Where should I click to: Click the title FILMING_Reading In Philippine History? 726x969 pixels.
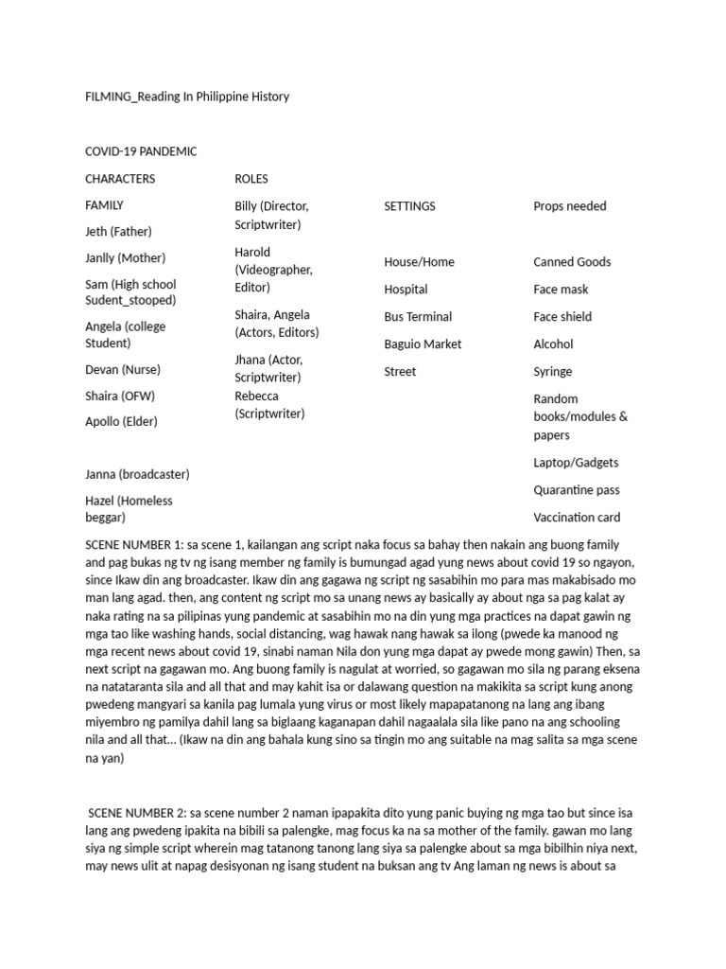click(187, 97)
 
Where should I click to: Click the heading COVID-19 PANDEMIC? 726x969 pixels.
click(141, 151)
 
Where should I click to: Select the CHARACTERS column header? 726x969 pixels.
click(120, 179)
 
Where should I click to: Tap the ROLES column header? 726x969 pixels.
click(251, 179)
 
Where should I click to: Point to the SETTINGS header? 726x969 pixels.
click(409, 206)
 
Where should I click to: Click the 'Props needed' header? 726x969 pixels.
click(570, 206)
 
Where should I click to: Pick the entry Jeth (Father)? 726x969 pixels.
click(118, 232)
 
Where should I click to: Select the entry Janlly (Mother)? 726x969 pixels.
click(125, 258)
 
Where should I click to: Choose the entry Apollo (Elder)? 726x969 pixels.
click(121, 422)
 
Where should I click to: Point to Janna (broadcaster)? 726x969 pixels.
click(137, 474)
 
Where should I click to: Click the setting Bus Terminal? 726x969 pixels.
click(418, 317)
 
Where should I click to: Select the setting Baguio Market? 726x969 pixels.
click(423, 344)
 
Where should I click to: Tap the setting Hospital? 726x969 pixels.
click(406, 290)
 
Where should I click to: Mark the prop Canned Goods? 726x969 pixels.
click(572, 262)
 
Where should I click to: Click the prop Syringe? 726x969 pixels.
click(553, 372)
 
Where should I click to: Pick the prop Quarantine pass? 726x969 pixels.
click(578, 490)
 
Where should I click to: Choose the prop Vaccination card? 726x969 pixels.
click(577, 518)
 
